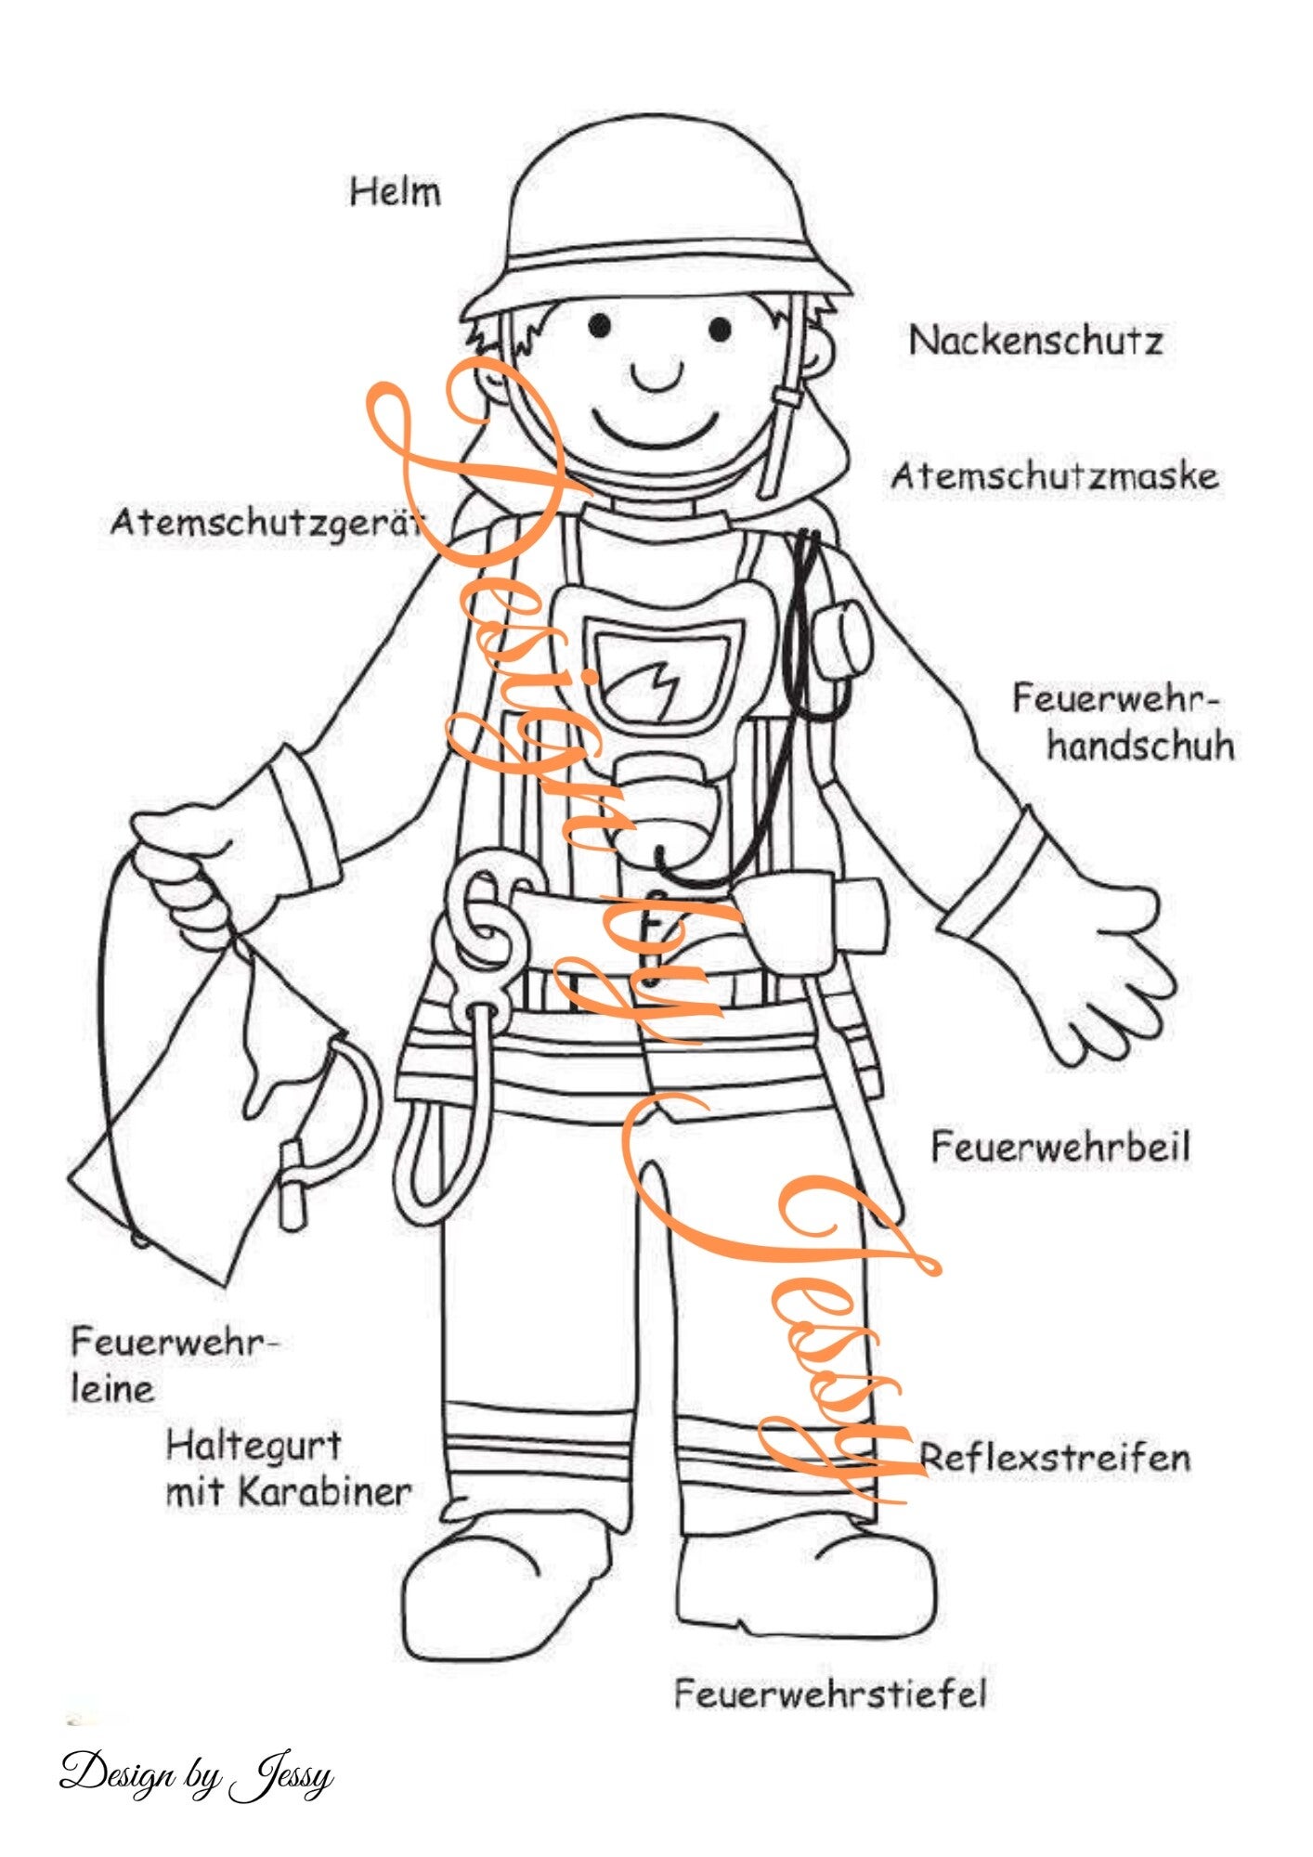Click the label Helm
coord(395,192)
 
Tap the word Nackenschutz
coord(1035,341)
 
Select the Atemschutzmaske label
coord(1054,476)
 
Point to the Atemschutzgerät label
coord(265,524)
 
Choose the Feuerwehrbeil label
coord(1059,1148)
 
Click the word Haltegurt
coord(253,1446)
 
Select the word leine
coord(112,1390)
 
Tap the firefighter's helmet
coord(655,223)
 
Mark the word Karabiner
coord(324,1492)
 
